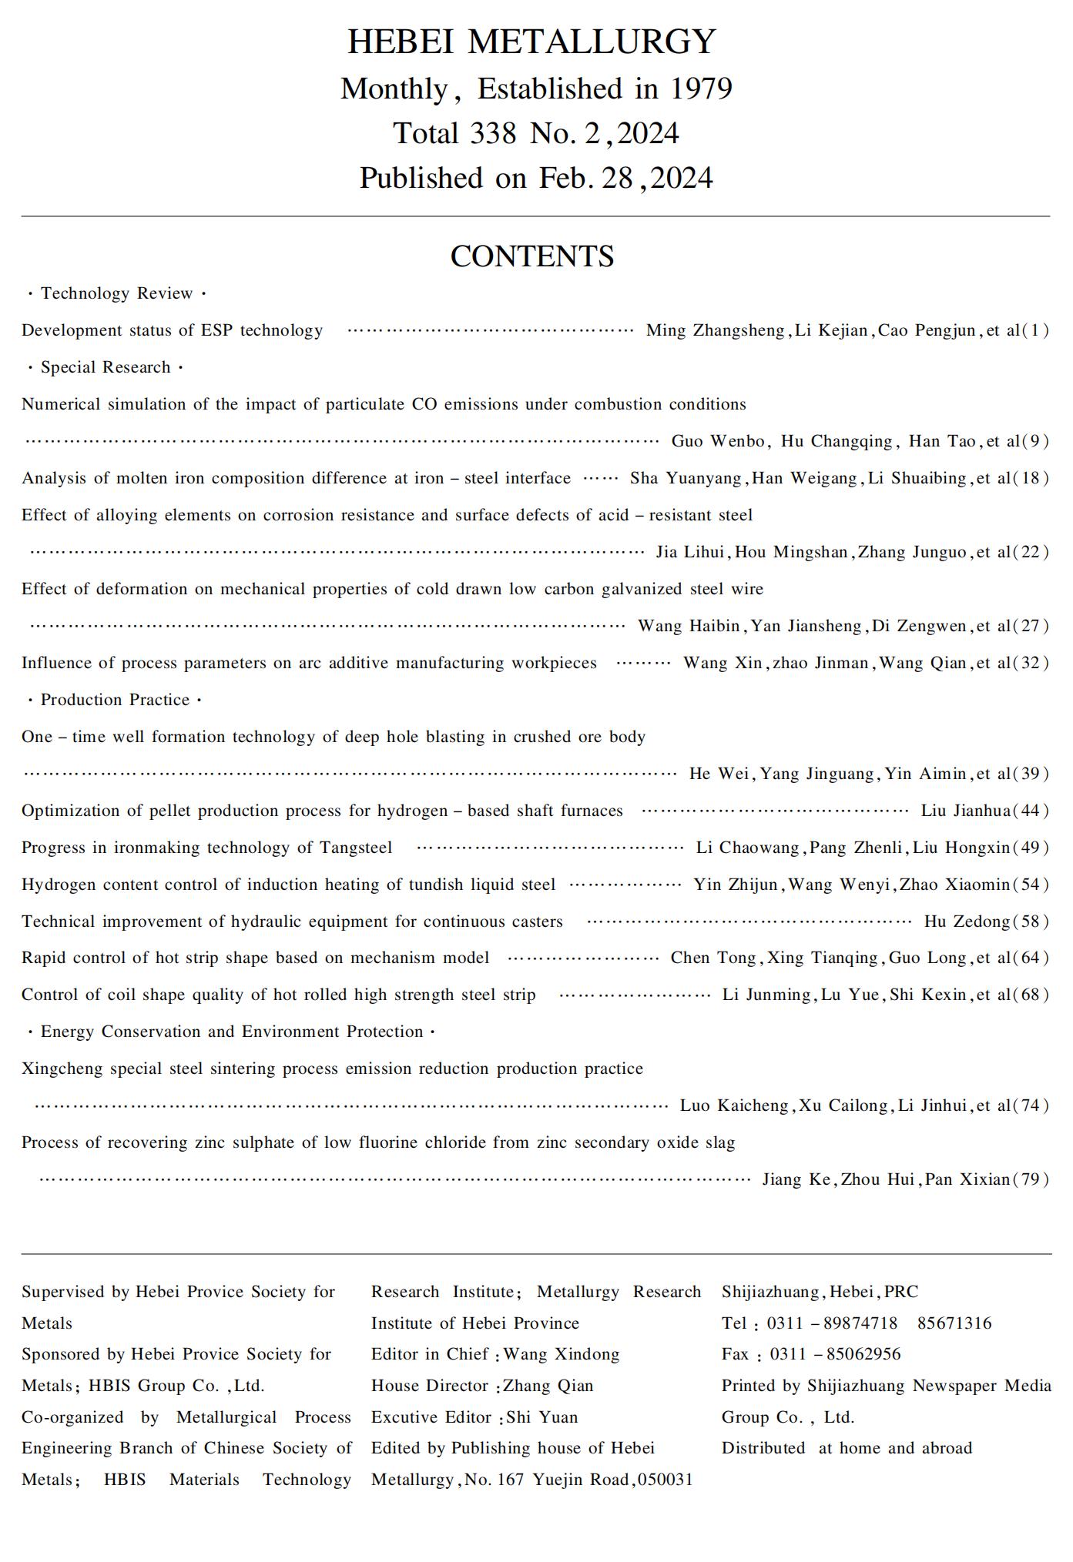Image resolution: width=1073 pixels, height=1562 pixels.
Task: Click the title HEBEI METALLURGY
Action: point(531,42)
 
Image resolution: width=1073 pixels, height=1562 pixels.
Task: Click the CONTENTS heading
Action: point(531,256)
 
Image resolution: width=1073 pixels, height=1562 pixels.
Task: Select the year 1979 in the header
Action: point(700,89)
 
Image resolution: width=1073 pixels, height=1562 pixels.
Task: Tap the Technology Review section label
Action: point(116,293)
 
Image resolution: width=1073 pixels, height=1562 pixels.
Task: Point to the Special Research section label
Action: point(106,367)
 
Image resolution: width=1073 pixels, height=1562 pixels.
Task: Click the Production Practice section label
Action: point(115,700)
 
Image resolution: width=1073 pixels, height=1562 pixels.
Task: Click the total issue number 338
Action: point(493,134)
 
